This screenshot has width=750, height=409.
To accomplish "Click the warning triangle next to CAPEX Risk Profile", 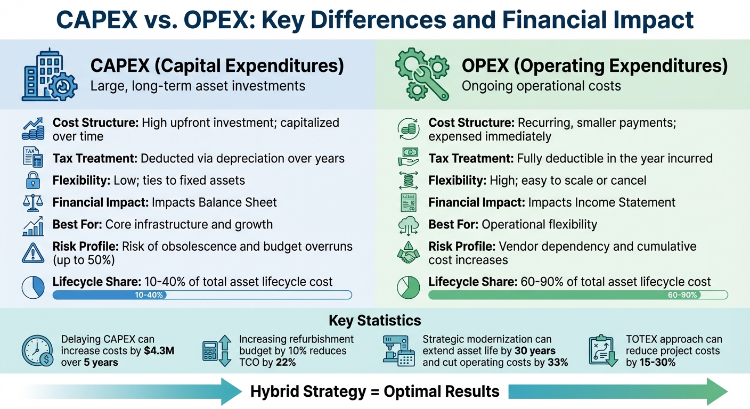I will (33, 252).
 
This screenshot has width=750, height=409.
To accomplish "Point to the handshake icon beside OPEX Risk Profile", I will (409, 253).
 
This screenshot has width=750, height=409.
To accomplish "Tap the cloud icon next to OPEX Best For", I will (409, 225).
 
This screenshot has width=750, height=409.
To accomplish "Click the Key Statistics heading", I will (374, 321).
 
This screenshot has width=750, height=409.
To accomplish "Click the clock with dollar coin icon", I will (37, 351).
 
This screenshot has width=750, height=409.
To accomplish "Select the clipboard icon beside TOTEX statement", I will (603, 351).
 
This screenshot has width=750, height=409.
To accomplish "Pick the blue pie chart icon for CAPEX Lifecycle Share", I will (33, 288).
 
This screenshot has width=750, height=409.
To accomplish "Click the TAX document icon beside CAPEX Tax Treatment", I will (33, 158).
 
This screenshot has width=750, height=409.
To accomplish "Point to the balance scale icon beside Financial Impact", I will (33, 203).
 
